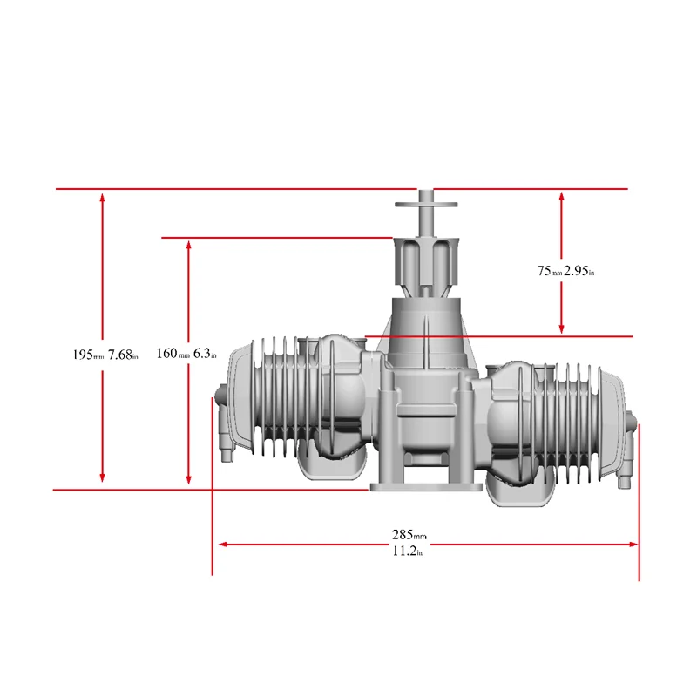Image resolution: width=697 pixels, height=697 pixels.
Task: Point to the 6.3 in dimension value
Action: pos(205,354)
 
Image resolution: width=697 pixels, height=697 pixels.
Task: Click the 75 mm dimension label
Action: pos(549,271)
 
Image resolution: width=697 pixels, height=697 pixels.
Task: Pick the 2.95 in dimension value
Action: pos(579,271)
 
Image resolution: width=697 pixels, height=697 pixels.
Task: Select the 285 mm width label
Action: pos(408,534)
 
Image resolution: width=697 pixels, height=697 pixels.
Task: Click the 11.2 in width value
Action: pos(408,551)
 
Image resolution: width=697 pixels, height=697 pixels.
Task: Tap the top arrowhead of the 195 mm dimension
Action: pos(103,197)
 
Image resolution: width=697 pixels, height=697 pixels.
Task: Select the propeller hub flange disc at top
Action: pos(426,205)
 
